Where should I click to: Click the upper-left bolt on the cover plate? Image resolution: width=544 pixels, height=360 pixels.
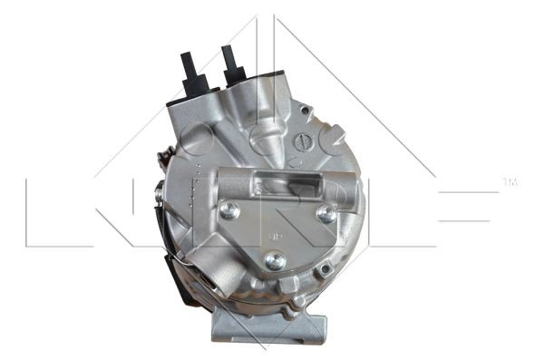coord(231,210)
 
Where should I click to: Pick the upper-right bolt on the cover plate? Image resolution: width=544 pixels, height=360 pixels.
coord(325,214)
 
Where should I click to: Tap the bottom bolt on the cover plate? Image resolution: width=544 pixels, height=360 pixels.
coord(276,261)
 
